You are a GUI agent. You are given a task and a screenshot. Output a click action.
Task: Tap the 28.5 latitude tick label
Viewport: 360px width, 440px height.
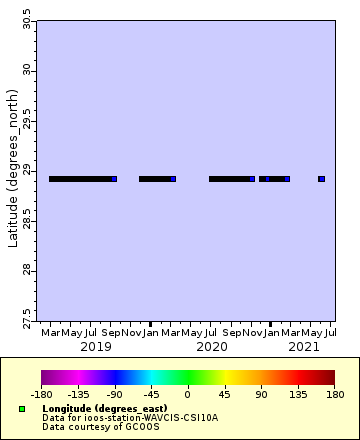(x=26, y=218)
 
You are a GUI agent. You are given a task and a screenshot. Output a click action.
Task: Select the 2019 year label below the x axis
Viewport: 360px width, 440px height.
(x=95, y=346)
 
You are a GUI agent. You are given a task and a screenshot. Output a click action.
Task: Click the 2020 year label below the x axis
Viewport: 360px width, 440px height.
(x=212, y=346)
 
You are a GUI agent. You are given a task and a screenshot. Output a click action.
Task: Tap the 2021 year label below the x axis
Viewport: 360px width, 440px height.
(x=303, y=346)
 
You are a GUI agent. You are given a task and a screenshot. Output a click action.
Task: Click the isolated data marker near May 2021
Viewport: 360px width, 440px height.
(x=321, y=179)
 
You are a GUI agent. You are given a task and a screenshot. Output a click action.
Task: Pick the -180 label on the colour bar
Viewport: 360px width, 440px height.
(x=42, y=394)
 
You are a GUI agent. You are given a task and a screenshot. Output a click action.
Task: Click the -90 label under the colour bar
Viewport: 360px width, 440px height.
(x=114, y=394)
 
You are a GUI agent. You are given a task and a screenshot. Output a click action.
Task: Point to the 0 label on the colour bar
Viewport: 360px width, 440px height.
(x=188, y=394)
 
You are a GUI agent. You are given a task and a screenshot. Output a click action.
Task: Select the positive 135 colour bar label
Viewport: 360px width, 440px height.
(x=297, y=394)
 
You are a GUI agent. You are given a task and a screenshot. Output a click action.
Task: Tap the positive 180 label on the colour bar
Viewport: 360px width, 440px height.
(x=333, y=394)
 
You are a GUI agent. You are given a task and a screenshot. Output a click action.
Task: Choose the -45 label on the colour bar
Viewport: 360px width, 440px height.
(x=151, y=394)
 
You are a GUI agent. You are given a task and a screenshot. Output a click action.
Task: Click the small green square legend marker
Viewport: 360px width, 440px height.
(x=22, y=409)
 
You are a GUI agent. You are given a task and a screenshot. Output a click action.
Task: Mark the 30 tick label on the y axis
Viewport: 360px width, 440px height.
(x=26, y=71)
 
